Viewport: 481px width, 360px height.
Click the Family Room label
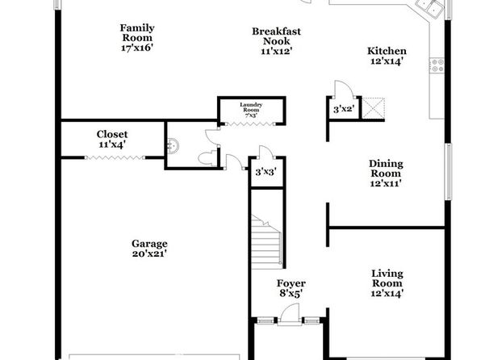[x=137, y=33]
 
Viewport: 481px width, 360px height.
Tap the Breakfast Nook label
[x=276, y=36]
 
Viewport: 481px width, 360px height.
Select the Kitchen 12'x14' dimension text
[x=387, y=61]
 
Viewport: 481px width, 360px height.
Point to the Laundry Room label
[x=251, y=107]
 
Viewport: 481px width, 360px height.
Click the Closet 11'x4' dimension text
[x=112, y=144]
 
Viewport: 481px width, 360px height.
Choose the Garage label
[x=149, y=244]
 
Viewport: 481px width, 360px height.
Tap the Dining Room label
[x=386, y=169]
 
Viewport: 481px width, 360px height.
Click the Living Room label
[x=387, y=278]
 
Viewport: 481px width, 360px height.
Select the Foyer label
[x=291, y=283]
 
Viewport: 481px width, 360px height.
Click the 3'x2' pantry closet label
[x=344, y=109]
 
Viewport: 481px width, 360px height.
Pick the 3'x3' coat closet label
[x=266, y=172]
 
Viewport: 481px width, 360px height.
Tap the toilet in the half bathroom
[x=207, y=158]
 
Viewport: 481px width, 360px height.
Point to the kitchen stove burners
[x=437, y=65]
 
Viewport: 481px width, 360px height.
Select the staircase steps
[x=266, y=242]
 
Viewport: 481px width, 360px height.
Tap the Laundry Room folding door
[x=250, y=124]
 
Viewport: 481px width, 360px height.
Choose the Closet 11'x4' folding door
[x=115, y=157]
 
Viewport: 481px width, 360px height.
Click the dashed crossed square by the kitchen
[x=374, y=107]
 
